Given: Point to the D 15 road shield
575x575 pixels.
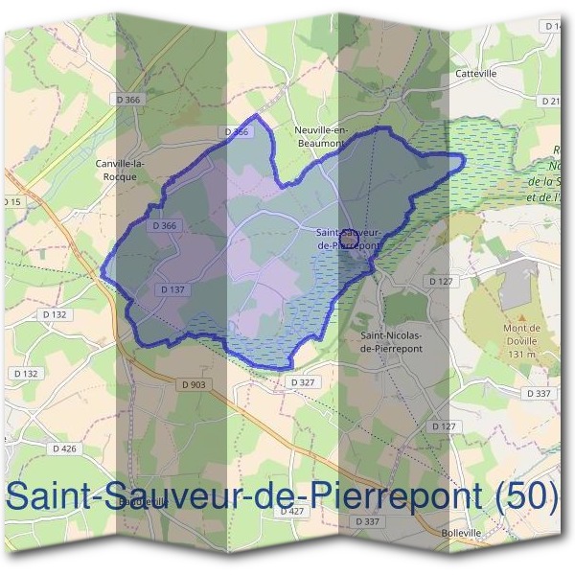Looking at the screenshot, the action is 11,202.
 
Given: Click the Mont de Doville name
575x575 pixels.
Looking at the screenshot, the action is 522,333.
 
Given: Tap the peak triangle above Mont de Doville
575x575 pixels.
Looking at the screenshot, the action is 522,316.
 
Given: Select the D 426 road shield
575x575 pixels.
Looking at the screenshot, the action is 64,448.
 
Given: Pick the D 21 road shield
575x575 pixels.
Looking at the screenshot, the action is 551,100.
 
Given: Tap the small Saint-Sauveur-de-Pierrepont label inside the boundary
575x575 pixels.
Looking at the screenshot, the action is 348,239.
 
